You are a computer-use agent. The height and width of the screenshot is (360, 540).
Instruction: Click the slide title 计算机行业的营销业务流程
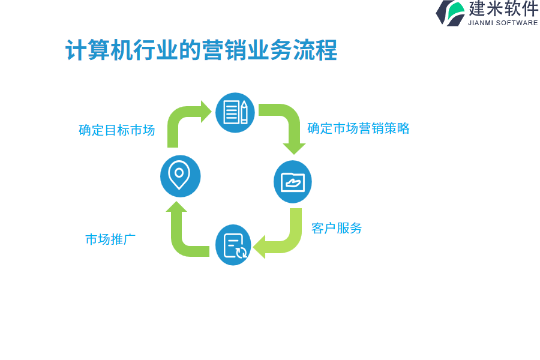pyautogui.click(x=201, y=50)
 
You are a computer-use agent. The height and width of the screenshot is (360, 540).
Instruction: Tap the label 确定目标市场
pyautogui.click(x=117, y=130)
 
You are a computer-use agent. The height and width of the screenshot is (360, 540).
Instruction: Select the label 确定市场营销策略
pyautogui.click(x=358, y=128)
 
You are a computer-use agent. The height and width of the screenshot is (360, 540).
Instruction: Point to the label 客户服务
pyautogui.click(x=337, y=228)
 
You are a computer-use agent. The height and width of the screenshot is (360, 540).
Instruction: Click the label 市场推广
pyautogui.click(x=110, y=239)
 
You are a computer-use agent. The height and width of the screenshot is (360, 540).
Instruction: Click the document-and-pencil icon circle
pyautogui.click(x=235, y=112)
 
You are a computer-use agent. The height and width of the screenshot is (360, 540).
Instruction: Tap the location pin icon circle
pyautogui.click(x=180, y=176)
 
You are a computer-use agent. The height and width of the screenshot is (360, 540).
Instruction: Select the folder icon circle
pyautogui.click(x=293, y=182)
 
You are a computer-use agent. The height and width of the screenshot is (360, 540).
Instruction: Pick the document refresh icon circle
pyautogui.click(x=233, y=245)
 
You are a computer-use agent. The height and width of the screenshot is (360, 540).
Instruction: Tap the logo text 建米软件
pyautogui.click(x=503, y=9)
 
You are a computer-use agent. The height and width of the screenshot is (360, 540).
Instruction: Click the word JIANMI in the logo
pyautogui.click(x=481, y=23)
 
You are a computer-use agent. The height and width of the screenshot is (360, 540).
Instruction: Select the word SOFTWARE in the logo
pyautogui.click(x=517, y=23)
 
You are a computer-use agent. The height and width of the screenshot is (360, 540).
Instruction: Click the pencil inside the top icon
pyautogui.click(x=244, y=112)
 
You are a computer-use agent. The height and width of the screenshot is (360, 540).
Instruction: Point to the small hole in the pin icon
pyautogui.click(x=179, y=172)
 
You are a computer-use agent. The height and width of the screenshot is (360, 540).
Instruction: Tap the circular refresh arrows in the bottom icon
pyautogui.click(x=241, y=253)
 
